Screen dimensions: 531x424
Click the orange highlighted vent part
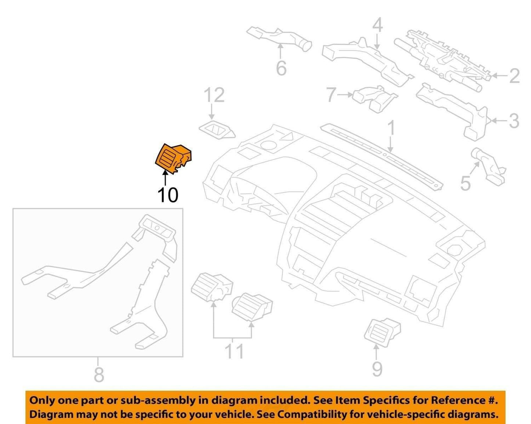173,158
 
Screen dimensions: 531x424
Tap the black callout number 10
168,195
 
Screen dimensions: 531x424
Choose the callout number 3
514,121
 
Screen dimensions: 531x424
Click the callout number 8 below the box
99,375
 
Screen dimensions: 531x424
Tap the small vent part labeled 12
217,130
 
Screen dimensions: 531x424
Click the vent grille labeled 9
382,332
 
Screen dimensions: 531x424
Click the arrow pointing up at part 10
165,178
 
